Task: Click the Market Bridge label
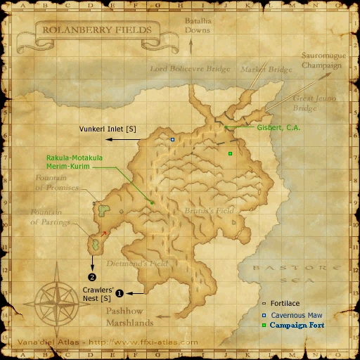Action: point(257,70)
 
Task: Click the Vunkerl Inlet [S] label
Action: point(108,129)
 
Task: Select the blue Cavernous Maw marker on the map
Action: point(172,140)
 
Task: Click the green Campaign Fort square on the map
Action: point(230,153)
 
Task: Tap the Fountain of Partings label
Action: point(51,217)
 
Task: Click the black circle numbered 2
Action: point(91,276)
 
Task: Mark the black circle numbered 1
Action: point(119,293)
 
